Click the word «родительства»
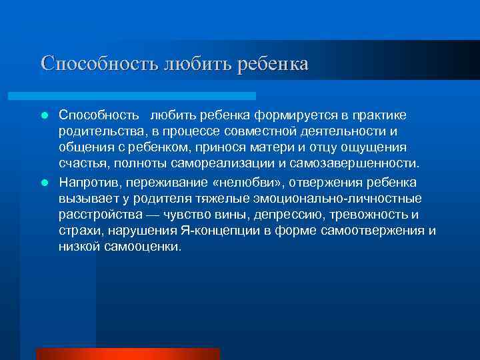(x=95, y=131)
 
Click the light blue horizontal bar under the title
(x=147, y=96)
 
